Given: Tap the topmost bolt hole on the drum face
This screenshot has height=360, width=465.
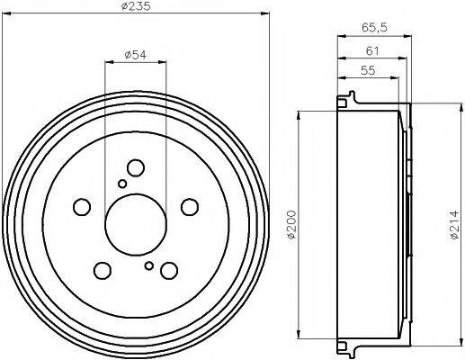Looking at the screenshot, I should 136,168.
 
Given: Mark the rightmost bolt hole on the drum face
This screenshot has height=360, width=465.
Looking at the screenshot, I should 189,206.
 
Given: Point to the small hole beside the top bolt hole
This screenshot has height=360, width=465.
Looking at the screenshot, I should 122,184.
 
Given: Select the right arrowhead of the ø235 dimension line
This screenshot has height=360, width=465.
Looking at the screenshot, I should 266,13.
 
